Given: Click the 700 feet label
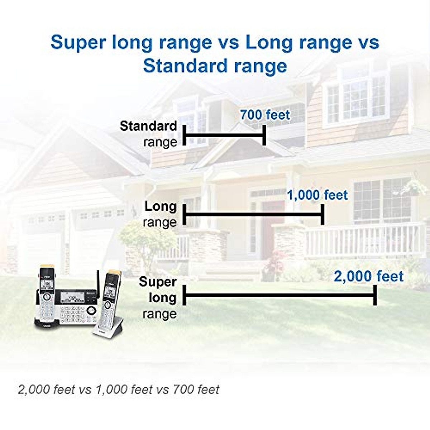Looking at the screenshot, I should [265, 115].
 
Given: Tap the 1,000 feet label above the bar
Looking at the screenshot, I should [317, 195].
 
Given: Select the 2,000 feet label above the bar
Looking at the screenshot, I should [369, 276].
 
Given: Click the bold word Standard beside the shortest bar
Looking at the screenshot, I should [148, 126].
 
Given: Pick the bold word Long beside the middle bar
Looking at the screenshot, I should [161, 206].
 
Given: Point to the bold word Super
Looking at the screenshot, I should [158, 282].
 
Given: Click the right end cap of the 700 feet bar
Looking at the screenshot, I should [264, 135].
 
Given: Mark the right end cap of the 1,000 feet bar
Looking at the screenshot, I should [322, 215].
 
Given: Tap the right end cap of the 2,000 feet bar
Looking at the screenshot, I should [375, 295].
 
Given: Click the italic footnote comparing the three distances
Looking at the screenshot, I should [119, 390].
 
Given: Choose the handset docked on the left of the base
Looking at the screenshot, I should [47, 294].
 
